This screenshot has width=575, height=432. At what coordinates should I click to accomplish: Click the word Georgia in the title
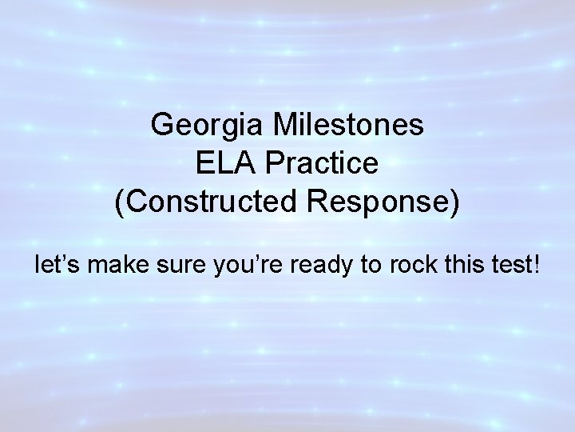[x=202, y=126]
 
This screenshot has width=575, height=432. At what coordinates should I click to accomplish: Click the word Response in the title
[x=387, y=202]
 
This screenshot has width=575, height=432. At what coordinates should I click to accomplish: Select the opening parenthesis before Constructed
[x=120, y=203]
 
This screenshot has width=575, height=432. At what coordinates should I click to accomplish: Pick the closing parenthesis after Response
[x=455, y=203]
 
